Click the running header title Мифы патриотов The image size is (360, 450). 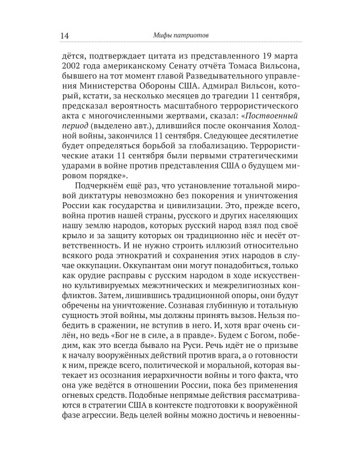[180, 34]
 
